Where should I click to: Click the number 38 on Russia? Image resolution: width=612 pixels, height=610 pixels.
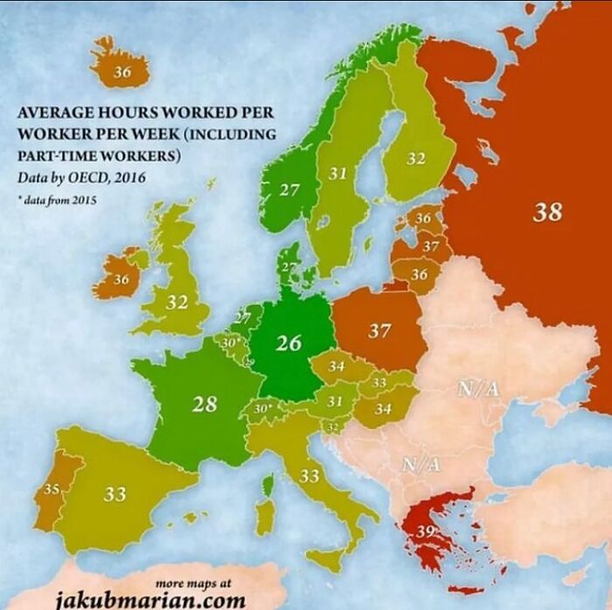pyautogui.click(x=547, y=211)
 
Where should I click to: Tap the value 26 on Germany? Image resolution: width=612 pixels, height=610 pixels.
pyautogui.click(x=289, y=343)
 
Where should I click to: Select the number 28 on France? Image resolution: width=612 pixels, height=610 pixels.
pyautogui.click(x=204, y=404)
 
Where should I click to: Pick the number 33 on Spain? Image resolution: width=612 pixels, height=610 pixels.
pyautogui.click(x=115, y=495)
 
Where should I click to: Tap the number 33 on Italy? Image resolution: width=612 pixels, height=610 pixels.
pyautogui.click(x=309, y=477)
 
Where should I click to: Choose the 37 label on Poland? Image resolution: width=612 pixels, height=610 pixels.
pyautogui.click(x=379, y=331)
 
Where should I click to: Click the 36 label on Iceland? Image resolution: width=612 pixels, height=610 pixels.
pyautogui.click(x=122, y=73)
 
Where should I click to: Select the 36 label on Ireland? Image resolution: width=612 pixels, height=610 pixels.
pyautogui.click(x=121, y=280)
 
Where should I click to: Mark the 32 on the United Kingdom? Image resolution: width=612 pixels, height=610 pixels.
pyautogui.click(x=177, y=302)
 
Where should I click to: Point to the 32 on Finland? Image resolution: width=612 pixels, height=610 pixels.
pyautogui.click(x=416, y=159)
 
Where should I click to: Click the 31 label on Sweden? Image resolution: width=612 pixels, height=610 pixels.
pyautogui.click(x=337, y=174)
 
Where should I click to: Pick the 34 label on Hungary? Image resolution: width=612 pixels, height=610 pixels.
pyautogui.click(x=382, y=408)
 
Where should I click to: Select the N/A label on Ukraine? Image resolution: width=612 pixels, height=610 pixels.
pyautogui.click(x=478, y=389)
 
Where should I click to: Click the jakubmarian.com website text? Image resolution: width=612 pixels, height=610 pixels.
pyautogui.click(x=150, y=600)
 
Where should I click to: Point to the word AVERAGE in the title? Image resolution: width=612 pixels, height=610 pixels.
pyautogui.click(x=55, y=113)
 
